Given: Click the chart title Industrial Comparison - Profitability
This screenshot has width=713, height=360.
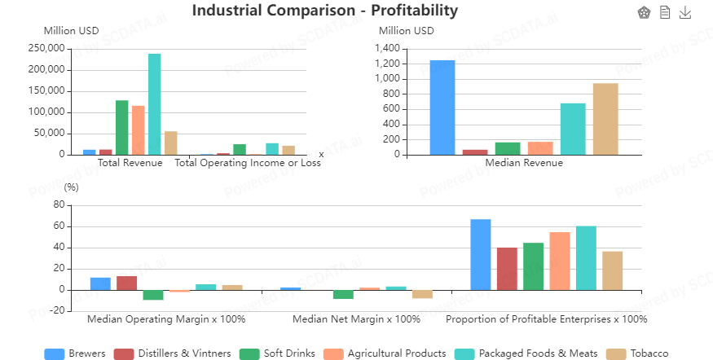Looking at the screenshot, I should pyautogui.click(x=325, y=11).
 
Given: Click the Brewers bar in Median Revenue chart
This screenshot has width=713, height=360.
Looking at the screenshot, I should pyautogui.click(x=442, y=107).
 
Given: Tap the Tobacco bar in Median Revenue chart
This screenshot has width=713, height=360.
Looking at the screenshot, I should pyautogui.click(x=605, y=119).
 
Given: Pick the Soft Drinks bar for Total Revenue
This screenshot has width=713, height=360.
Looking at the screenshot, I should pyautogui.click(x=122, y=127).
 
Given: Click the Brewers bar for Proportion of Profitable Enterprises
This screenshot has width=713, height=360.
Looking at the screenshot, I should pyautogui.click(x=481, y=254).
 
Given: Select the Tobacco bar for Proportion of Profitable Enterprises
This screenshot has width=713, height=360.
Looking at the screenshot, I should pyautogui.click(x=613, y=270).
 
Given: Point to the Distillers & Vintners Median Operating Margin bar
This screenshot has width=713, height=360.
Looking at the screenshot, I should pyautogui.click(x=126, y=283).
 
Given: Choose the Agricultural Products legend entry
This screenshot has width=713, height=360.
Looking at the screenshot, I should pyautogui.click(x=386, y=353).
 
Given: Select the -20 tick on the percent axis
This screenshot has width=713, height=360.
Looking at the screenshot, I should pyautogui.click(x=56, y=310).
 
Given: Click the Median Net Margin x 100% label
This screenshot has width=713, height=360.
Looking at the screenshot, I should pyautogui.click(x=356, y=319).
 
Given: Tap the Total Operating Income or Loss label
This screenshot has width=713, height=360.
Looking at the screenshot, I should pyautogui.click(x=248, y=163).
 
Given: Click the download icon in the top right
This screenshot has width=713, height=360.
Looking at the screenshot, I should pyautogui.click(x=685, y=12).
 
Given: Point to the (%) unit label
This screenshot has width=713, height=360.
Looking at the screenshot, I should pyautogui.click(x=72, y=186).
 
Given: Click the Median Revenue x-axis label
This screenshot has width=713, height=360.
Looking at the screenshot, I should pyautogui.click(x=524, y=163).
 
